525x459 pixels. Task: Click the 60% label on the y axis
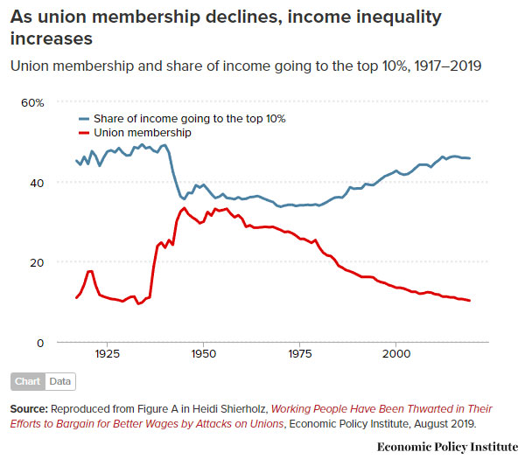click(31, 103)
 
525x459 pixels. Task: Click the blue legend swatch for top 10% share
click(83, 119)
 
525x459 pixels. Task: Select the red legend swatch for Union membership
click(83, 133)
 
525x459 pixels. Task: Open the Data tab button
click(59, 382)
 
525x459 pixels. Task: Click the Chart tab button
click(28, 382)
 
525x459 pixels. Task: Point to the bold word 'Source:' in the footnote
click(29, 409)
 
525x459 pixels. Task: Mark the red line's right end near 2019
click(471, 301)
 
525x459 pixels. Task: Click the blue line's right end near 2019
click(471, 158)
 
